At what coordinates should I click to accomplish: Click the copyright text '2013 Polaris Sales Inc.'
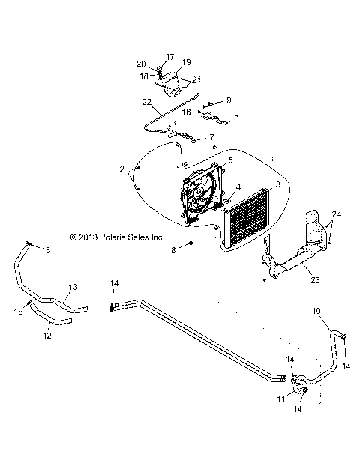(116, 237)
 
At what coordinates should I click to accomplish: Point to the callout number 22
(146, 101)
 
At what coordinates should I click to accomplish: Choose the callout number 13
(73, 287)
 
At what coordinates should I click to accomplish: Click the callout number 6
(237, 118)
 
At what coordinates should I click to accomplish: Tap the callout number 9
(229, 100)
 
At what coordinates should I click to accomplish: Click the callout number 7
(211, 137)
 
